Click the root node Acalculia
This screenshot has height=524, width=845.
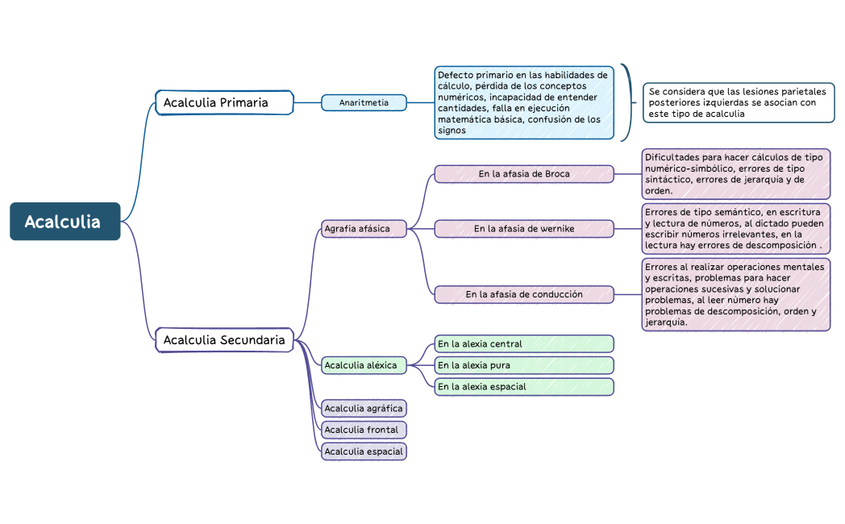pos(65,222)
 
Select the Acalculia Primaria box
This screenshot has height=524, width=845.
pos(224,102)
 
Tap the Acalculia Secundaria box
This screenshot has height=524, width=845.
pos(224,339)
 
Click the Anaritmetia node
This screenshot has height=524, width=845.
pos(364,102)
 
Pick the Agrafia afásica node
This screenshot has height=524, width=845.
pos(364,229)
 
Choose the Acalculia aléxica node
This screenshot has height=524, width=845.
pos(364,365)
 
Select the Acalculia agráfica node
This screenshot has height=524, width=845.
pos(364,408)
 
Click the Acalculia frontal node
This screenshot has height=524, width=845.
pos(364,430)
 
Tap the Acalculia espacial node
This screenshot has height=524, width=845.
pos(364,451)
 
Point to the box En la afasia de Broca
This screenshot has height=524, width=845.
pos(524,173)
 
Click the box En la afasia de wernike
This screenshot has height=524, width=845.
pos(524,229)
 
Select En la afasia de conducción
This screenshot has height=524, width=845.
pos(524,294)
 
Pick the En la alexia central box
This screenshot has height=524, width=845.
pos(524,343)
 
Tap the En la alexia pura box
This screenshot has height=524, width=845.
pos(524,365)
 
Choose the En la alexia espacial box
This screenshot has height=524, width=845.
pos(524,387)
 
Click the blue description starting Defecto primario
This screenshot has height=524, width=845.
pos(524,102)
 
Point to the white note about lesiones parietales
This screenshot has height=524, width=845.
pos(739,102)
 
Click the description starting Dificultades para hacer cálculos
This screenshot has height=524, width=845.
pos(735,173)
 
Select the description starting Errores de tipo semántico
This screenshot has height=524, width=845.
pos(735,228)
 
